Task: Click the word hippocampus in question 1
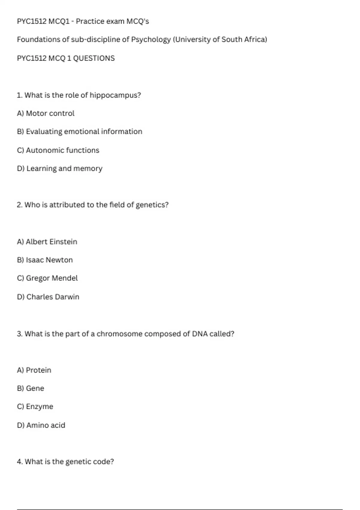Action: click(x=115, y=95)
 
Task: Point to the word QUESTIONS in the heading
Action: click(x=94, y=58)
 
